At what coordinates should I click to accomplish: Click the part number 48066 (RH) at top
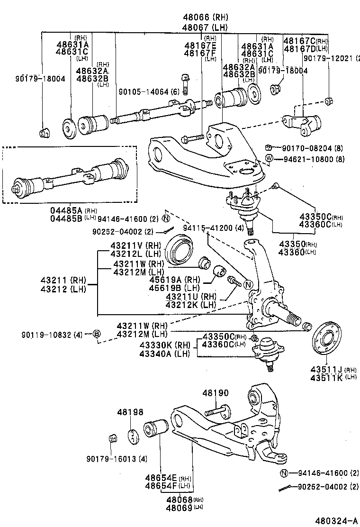click(206, 18)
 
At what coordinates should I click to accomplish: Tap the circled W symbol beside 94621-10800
click(269, 158)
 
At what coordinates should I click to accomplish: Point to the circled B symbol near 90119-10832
click(96, 335)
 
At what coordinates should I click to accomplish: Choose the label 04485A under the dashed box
click(66, 210)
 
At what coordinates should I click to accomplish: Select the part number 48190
click(216, 393)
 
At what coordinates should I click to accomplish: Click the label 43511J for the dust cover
click(326, 369)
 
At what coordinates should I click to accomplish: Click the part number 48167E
click(201, 45)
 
